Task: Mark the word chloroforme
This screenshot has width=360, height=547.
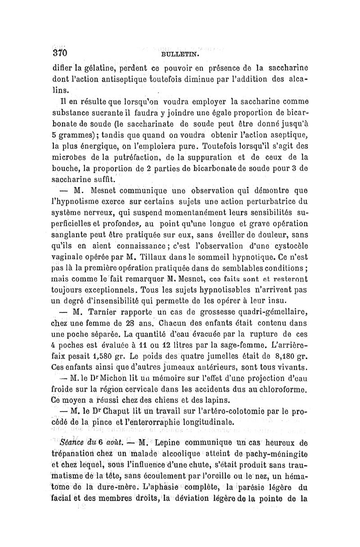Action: point(280,388)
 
